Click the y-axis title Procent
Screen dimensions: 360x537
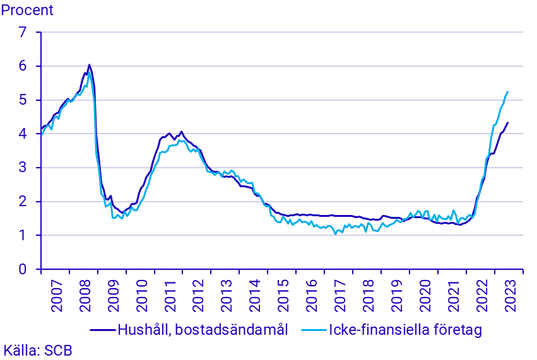tap(27, 10)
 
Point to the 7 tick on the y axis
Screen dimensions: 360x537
tap(23, 32)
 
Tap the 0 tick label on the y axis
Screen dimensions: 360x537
tap(23, 270)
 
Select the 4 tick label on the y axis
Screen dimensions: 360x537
tap(23, 134)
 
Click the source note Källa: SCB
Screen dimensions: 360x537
tap(38, 351)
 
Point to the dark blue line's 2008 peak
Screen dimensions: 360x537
tap(89, 64)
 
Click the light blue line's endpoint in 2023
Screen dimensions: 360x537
tap(508, 91)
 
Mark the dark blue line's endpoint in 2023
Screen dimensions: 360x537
tap(508, 122)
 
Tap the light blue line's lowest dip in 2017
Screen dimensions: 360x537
tap(335, 234)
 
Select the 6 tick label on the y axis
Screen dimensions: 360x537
tap(23, 66)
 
